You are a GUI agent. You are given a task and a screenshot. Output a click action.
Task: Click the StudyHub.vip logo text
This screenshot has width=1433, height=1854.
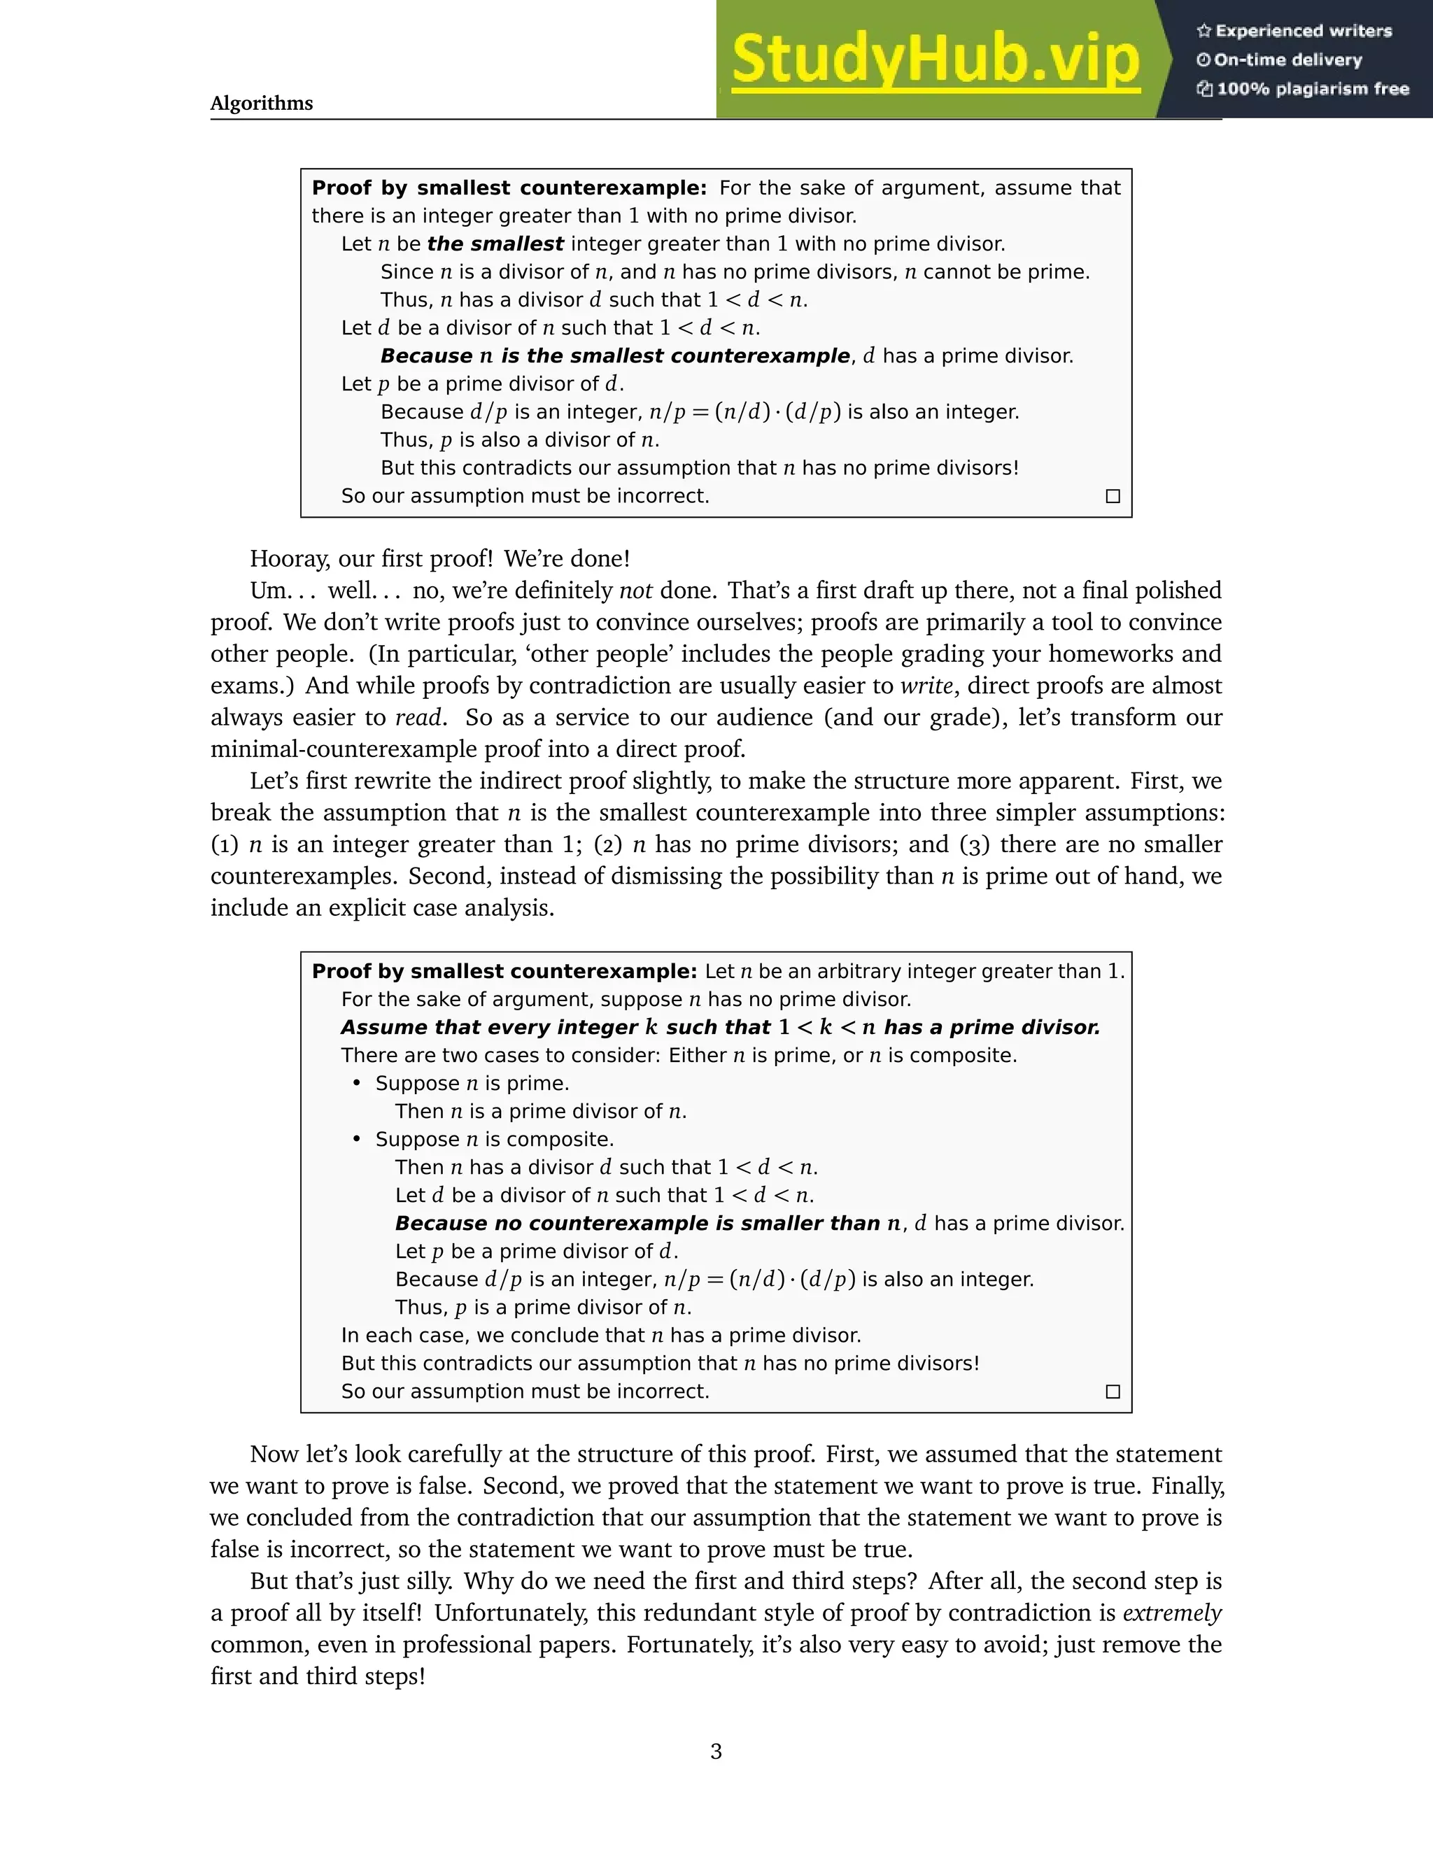click(935, 59)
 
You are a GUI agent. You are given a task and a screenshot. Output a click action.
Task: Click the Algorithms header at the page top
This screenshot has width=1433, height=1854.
click(262, 104)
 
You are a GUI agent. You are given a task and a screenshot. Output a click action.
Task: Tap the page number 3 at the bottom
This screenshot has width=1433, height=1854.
click(716, 1750)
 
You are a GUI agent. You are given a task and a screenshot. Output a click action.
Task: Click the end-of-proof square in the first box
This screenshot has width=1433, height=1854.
click(1113, 496)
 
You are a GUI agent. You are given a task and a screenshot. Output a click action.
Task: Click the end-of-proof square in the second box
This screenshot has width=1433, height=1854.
click(1113, 1392)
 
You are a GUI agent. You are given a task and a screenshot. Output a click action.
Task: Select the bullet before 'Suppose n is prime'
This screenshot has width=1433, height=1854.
click(358, 1083)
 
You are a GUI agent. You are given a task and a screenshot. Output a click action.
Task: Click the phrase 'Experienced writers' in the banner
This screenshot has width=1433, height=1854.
click(1303, 31)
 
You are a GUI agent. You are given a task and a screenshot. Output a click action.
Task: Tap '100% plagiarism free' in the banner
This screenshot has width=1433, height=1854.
click(1313, 89)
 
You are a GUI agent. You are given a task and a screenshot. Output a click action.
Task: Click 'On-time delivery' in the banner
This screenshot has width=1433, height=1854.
click(1288, 60)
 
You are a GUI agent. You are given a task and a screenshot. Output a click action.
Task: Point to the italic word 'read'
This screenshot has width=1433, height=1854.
click(418, 717)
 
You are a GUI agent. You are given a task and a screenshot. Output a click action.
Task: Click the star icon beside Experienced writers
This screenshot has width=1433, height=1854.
click(1203, 31)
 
